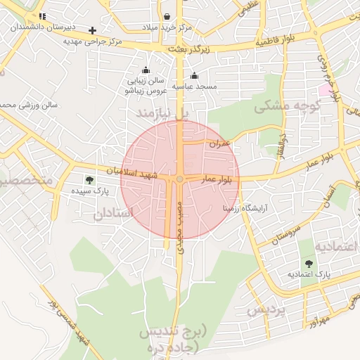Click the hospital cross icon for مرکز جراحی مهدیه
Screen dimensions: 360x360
coord(92,30)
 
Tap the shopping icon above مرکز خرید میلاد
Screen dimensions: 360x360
coord(167,16)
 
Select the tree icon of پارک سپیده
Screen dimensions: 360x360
coord(89,180)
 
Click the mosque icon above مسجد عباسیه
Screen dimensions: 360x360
coord(194,75)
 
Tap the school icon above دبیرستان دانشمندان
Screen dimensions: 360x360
coord(42,15)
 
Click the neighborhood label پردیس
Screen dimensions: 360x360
coord(267,310)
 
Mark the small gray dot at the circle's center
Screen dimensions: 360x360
coord(180,180)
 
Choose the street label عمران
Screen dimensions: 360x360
coord(220,143)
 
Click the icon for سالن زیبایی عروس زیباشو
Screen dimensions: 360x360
coord(146,70)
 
